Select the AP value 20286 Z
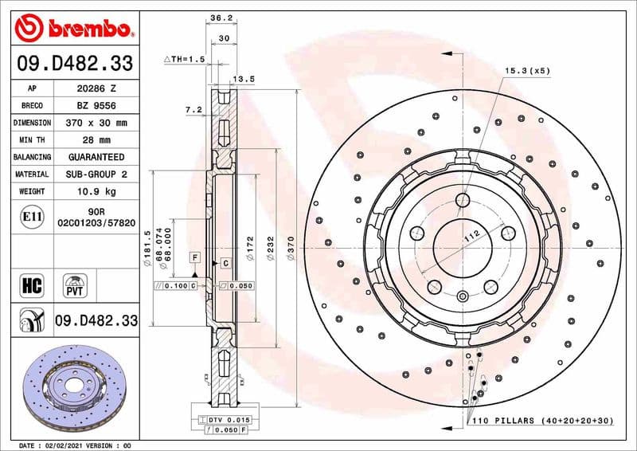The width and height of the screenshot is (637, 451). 96,88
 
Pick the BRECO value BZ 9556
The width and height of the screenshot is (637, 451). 96,106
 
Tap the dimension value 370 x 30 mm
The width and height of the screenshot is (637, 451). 96,124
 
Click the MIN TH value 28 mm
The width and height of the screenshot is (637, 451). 96,140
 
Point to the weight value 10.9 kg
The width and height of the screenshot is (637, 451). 96,192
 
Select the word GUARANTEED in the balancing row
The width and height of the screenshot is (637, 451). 96,158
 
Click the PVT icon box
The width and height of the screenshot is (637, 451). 76,284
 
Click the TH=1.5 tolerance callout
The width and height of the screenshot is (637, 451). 185,60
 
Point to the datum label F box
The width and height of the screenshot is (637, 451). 193,257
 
